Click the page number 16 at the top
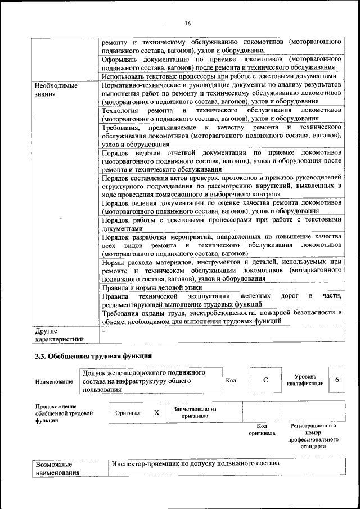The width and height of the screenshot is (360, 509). [187, 23]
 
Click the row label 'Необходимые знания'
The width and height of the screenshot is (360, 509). [56, 89]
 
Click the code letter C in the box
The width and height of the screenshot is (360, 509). [265, 380]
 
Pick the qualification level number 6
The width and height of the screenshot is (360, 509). [336, 380]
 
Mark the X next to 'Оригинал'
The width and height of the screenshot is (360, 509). [156, 412]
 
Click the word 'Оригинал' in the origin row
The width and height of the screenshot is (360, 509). [128, 412]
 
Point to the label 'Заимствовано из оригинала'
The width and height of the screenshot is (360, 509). [195, 412]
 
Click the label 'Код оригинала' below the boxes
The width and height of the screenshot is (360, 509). [262, 430]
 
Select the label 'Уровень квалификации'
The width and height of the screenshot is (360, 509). [304, 380]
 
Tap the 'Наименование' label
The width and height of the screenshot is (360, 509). [54, 381]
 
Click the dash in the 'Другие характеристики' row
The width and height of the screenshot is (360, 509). [103, 332]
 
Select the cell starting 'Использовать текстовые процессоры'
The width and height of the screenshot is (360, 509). [219, 76]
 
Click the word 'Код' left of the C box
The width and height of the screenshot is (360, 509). [231, 380]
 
